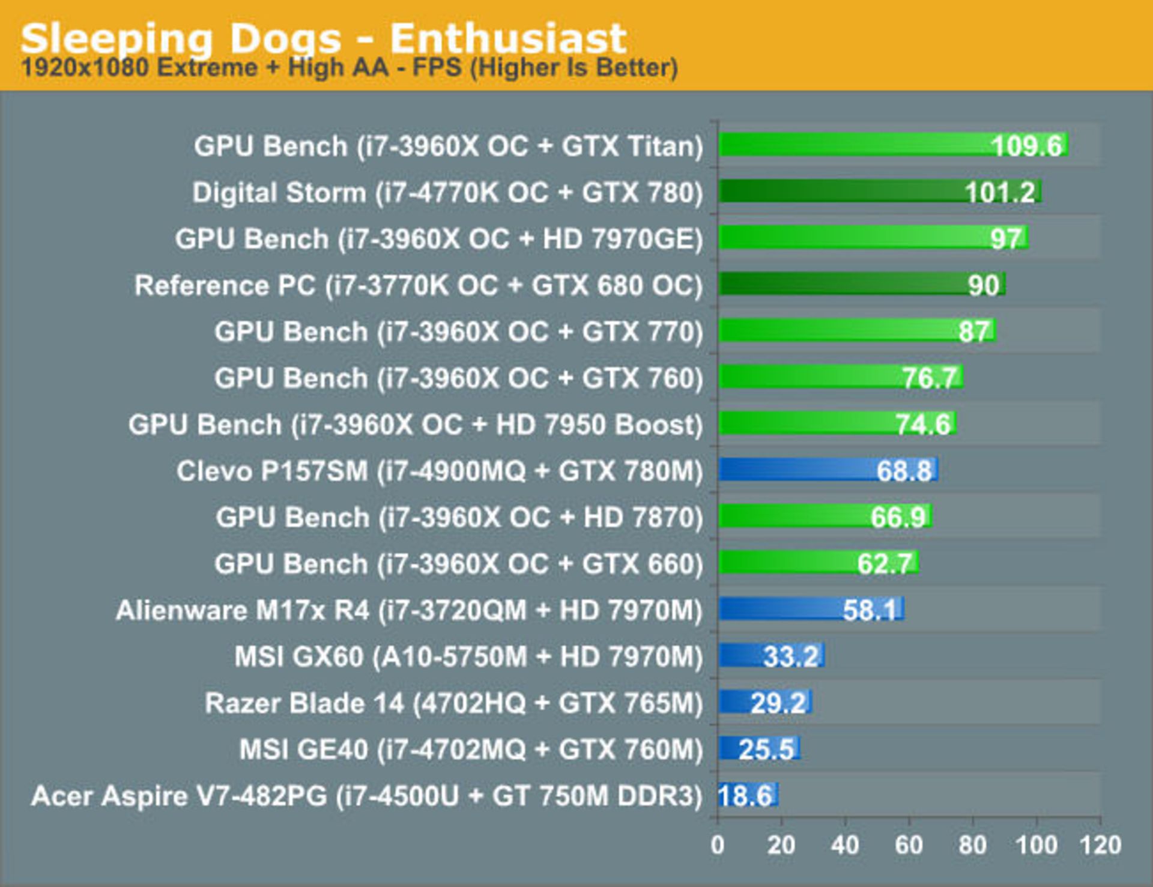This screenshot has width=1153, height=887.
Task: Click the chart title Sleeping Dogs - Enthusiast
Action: (324, 38)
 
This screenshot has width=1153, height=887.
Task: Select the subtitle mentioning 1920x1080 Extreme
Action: (350, 68)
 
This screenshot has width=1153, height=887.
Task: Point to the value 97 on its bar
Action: (1005, 238)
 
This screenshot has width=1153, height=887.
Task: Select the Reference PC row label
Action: (418, 285)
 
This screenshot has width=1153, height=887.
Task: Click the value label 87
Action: (973, 331)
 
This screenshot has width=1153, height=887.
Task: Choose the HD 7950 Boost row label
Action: (415, 425)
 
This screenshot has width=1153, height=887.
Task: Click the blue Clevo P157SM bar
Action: (799, 470)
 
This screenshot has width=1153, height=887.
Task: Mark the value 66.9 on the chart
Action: (898, 517)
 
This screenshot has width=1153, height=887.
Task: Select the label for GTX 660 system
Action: (458, 564)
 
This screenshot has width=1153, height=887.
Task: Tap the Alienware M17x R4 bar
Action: (781, 610)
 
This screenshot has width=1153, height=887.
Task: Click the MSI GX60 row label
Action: (468, 656)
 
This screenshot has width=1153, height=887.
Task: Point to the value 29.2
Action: (778, 703)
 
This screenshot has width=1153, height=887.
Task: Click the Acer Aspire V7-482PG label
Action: (366, 796)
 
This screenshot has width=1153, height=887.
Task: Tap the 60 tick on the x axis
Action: (909, 845)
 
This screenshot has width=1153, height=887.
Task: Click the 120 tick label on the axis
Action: (1100, 845)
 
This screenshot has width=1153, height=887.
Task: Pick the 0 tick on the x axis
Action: (717, 845)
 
